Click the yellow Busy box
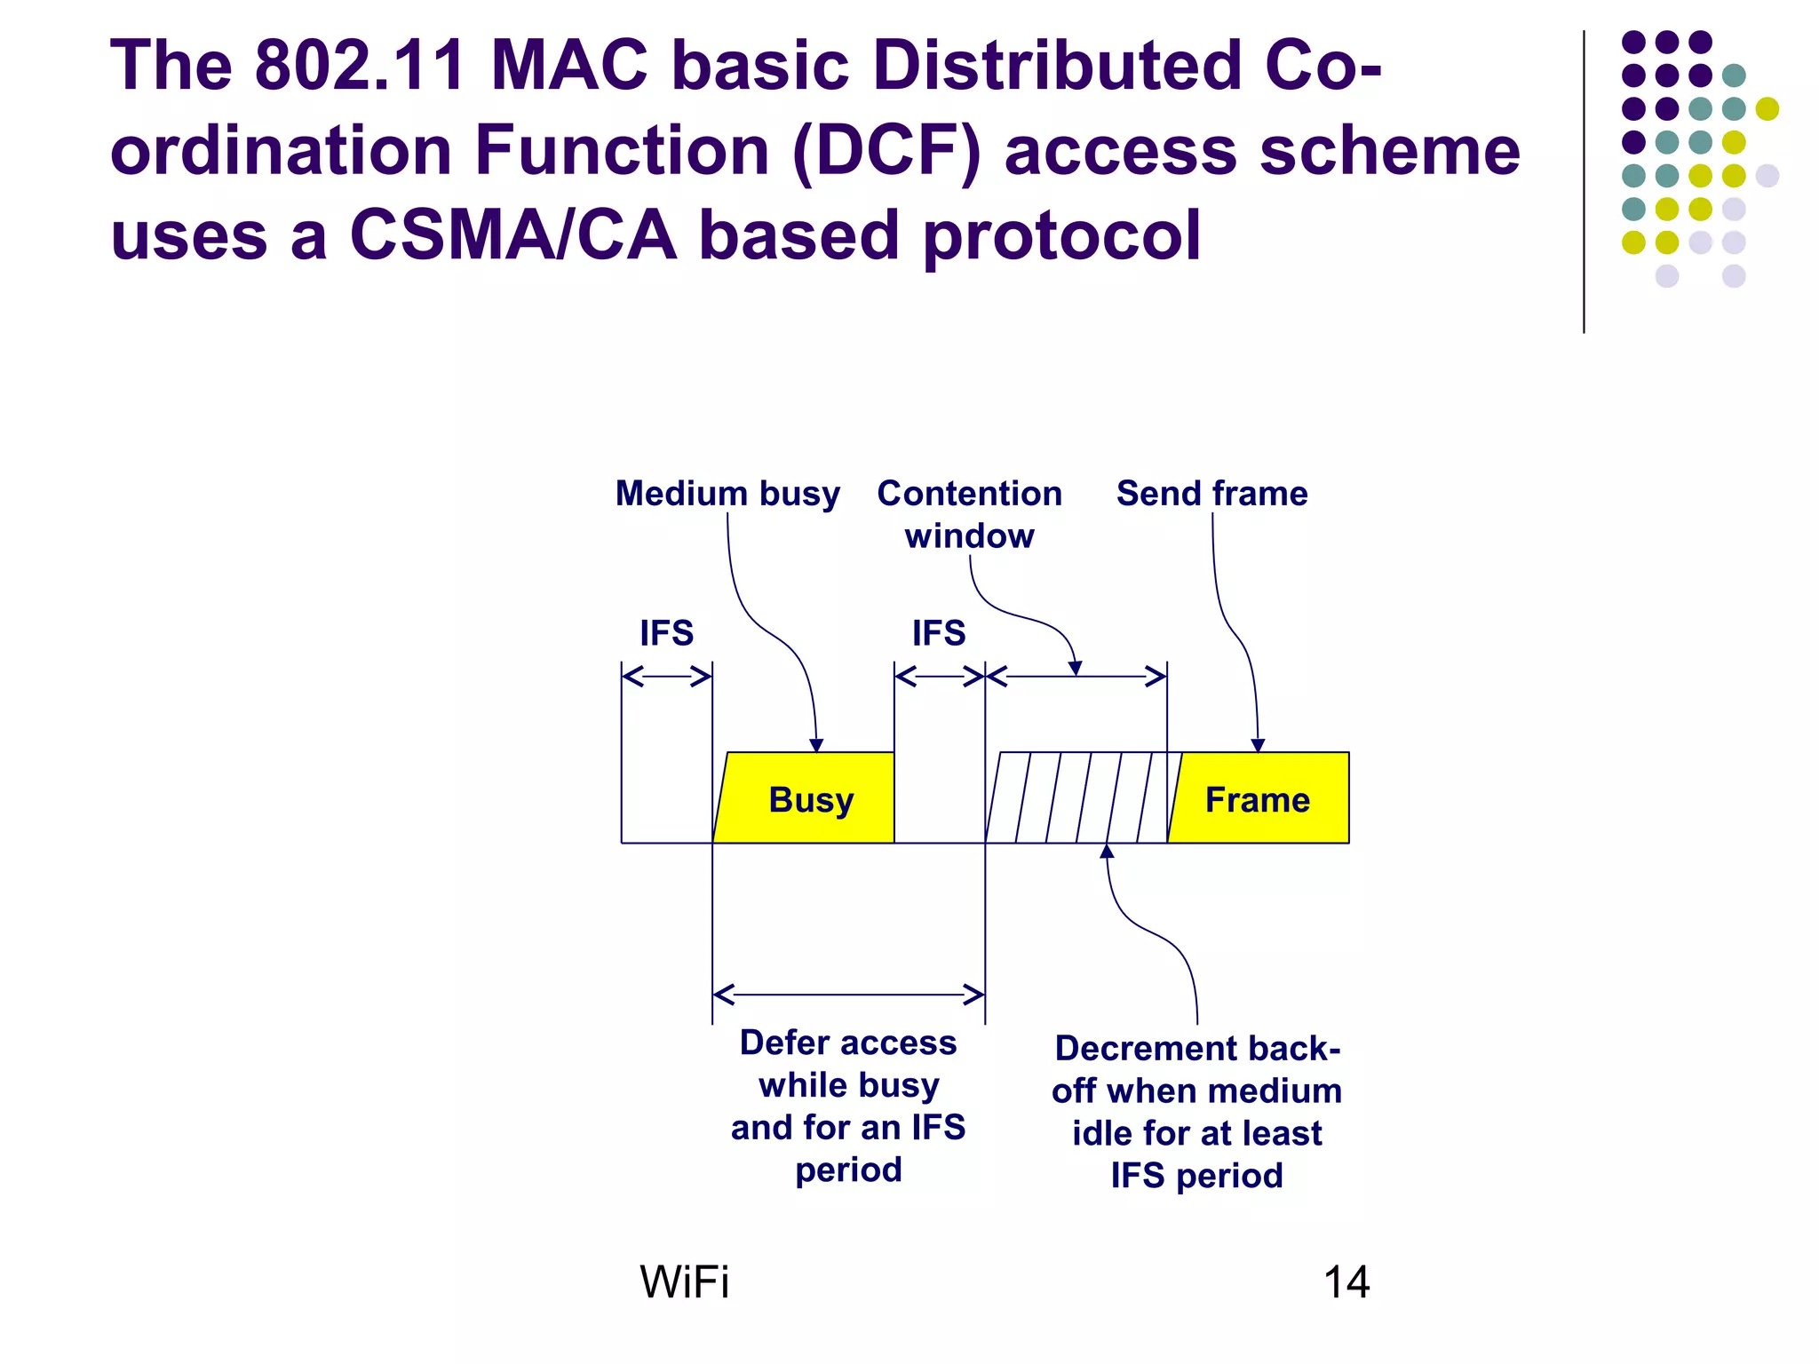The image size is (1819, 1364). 808,798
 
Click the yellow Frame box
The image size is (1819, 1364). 1259,798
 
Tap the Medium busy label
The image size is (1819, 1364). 727,493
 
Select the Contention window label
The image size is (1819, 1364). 969,514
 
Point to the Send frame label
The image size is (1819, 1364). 1211,493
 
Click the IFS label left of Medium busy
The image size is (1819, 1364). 666,633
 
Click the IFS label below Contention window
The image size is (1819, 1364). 939,633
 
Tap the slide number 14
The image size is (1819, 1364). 1346,1282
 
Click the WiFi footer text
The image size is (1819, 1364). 684,1282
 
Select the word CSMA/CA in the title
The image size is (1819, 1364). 512,235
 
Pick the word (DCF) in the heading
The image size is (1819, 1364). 886,151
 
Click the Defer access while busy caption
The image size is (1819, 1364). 848,1106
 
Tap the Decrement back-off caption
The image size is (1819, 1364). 1196,1112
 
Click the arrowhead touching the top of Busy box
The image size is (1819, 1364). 816,745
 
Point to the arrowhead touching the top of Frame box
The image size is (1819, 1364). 1258,745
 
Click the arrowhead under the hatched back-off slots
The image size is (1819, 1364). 1107,851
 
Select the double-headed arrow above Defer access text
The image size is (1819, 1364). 848,994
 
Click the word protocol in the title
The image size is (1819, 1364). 1061,237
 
